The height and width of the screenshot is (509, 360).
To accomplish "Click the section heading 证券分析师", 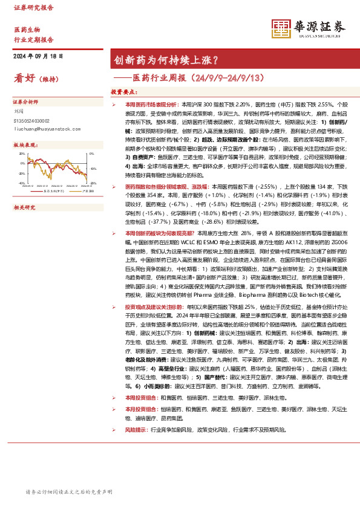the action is [x=25, y=102].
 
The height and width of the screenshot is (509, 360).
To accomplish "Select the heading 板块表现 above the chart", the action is [x=24, y=146].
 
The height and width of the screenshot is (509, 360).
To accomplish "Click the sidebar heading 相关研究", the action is [x=24, y=207].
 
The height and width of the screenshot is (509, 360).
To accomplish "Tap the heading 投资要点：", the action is [x=123, y=92].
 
